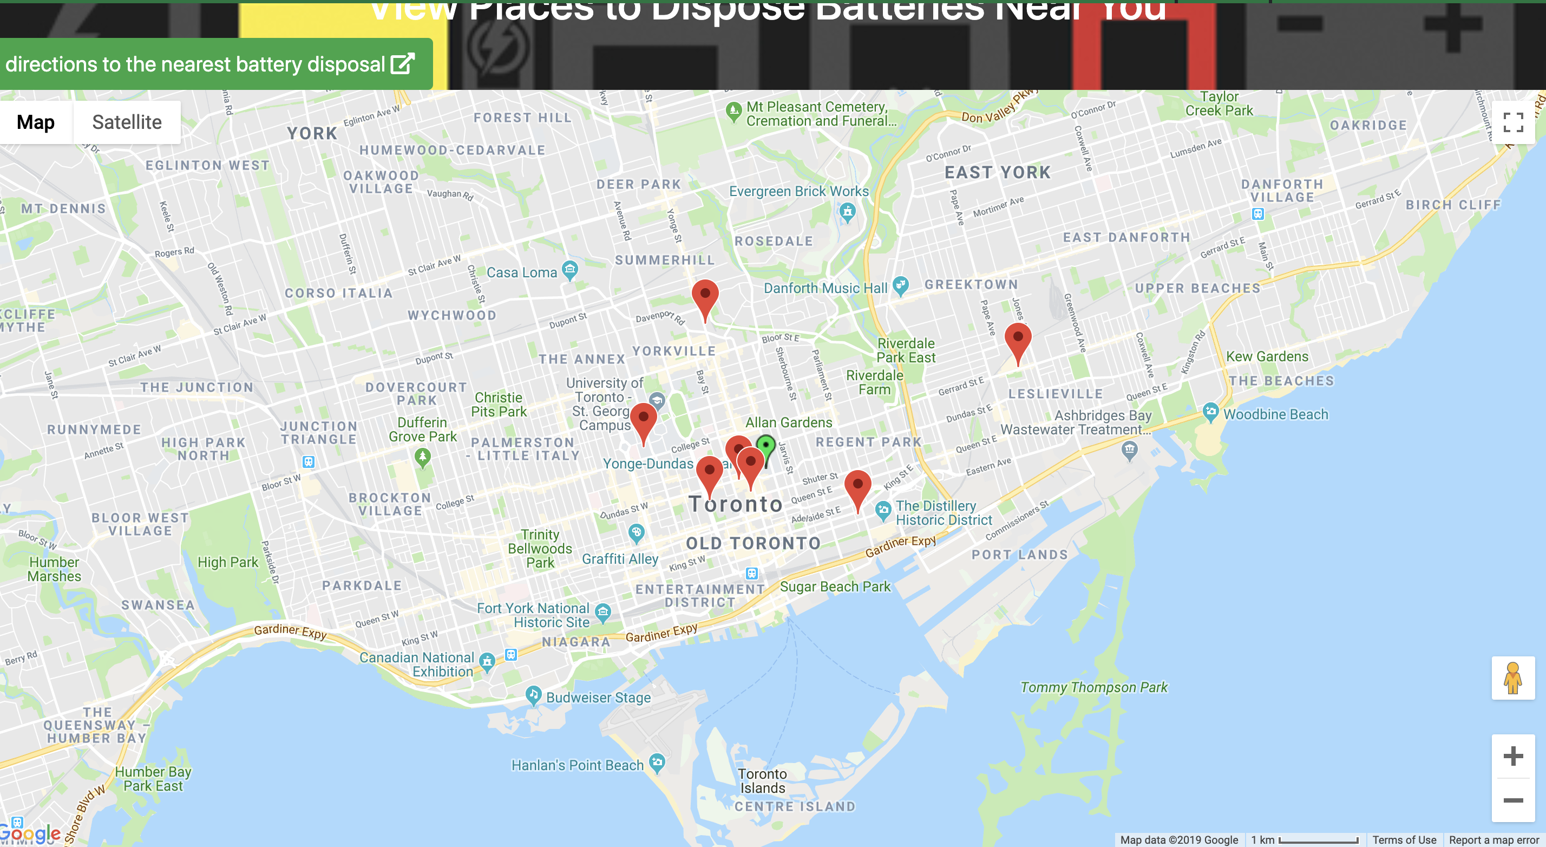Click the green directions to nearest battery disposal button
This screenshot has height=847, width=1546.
click(x=210, y=64)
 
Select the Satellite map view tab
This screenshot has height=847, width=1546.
click(x=127, y=122)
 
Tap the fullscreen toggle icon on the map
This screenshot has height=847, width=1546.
click(x=1512, y=122)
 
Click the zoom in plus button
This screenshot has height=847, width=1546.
click(x=1512, y=756)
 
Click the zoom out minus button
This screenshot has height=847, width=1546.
click(x=1512, y=800)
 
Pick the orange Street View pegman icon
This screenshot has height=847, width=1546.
click(x=1512, y=679)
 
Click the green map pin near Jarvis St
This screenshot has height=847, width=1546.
click(x=766, y=447)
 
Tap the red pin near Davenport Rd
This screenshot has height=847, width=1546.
click(x=705, y=295)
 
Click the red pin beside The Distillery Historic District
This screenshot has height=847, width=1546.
click(x=857, y=485)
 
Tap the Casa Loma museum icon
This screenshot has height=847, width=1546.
click(x=569, y=269)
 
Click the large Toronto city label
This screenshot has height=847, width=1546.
click(x=735, y=504)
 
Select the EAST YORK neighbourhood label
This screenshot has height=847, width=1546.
click(x=998, y=173)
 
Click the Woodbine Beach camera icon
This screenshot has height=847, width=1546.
click(x=1210, y=412)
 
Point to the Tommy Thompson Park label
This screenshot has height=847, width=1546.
click(x=1093, y=687)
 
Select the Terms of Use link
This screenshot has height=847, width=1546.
click(x=1404, y=840)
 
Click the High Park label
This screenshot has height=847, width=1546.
click(x=227, y=563)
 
